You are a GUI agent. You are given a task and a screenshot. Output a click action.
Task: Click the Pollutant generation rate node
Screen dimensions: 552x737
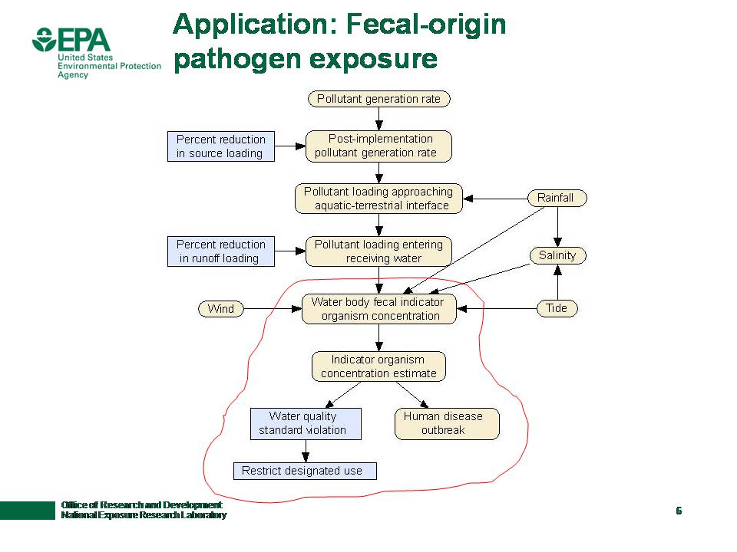coord(378,99)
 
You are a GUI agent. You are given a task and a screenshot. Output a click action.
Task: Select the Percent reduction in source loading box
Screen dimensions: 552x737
coord(220,146)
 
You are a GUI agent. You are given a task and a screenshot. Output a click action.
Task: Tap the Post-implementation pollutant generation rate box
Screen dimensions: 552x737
coord(378,146)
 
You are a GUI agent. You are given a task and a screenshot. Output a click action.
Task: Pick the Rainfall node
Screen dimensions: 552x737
coord(555,198)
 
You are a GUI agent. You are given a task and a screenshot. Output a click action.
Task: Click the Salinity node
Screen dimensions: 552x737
coord(557,255)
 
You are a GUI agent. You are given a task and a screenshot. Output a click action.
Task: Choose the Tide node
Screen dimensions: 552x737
coord(557,308)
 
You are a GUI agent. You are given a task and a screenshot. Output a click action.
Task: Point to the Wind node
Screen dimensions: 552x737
coord(221,309)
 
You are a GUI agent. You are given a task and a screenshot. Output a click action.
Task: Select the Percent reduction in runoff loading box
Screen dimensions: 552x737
coord(220,251)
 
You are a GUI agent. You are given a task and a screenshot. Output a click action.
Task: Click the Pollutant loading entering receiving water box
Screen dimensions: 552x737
coord(378,251)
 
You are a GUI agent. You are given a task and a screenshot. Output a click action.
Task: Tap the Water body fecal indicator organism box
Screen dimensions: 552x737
coord(378,309)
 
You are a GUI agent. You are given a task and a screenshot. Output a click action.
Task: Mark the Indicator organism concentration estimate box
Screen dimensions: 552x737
coord(378,366)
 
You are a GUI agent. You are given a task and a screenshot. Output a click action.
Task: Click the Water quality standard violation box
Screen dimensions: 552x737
coord(306,423)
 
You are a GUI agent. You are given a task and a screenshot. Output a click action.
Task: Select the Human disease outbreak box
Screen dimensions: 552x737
coord(447,423)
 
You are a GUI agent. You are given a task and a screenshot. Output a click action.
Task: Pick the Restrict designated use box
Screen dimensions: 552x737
coord(305,471)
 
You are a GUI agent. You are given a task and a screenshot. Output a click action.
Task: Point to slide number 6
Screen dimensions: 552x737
coord(679,511)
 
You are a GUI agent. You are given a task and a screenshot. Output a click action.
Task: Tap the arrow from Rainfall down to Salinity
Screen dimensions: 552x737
coord(558,226)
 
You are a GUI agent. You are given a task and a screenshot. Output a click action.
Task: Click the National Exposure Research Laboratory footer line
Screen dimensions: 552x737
coord(144,515)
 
